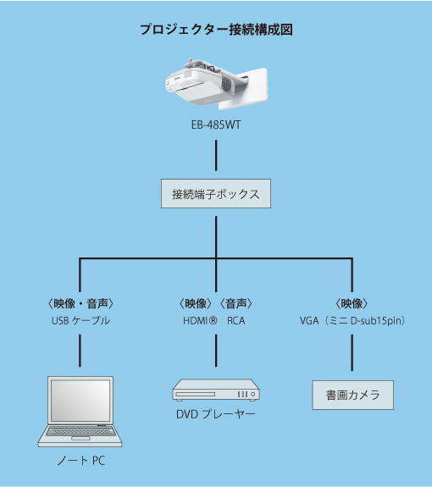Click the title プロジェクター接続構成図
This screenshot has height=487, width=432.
click(x=216, y=30)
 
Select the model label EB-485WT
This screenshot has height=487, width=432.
click(x=216, y=125)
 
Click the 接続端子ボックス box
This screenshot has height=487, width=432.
click(x=216, y=194)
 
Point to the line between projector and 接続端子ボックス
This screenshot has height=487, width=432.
click(x=216, y=156)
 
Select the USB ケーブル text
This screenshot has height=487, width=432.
click(x=80, y=321)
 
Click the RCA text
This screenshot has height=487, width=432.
click(x=236, y=321)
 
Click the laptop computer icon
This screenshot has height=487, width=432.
click(x=80, y=412)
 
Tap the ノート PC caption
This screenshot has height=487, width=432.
click(x=80, y=462)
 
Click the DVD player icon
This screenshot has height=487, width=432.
click(x=216, y=390)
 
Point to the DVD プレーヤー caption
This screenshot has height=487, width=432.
click(x=216, y=414)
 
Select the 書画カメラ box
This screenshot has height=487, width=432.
click(x=352, y=395)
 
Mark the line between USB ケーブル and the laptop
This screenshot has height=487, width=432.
click(x=80, y=351)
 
